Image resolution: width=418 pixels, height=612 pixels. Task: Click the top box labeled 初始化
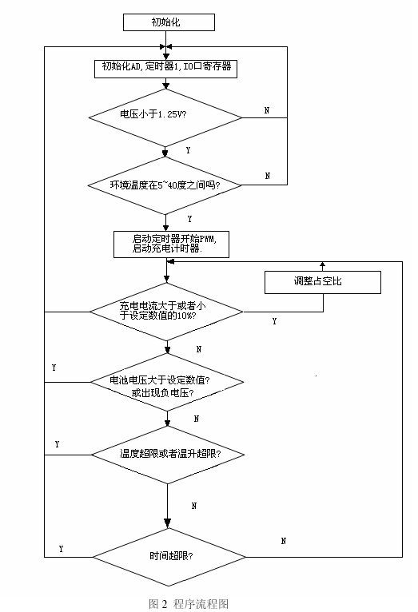(x=169, y=22)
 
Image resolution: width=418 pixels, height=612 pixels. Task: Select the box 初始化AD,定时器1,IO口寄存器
(x=165, y=69)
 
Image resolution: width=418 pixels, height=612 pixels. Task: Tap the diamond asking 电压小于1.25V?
(x=165, y=118)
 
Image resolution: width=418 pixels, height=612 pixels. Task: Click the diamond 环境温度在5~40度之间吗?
(x=165, y=185)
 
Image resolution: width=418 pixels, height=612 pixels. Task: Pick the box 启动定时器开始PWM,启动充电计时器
(x=171, y=244)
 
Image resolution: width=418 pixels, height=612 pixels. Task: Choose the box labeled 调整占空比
(x=323, y=282)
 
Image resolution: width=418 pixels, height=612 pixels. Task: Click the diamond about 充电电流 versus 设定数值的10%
(x=167, y=312)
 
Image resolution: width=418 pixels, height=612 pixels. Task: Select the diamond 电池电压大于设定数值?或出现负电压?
(x=167, y=382)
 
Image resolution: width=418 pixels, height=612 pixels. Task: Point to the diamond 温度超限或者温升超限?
(x=168, y=455)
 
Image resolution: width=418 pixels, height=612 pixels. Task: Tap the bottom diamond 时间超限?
(x=169, y=557)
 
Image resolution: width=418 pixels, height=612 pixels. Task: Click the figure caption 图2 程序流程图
(x=189, y=603)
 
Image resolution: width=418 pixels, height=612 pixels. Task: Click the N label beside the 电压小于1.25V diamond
(x=267, y=110)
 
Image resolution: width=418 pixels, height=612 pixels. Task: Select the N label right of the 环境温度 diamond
(x=268, y=176)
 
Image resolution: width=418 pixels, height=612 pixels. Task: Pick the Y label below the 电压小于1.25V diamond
(x=188, y=150)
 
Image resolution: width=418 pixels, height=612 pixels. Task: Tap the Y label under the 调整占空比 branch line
(x=274, y=321)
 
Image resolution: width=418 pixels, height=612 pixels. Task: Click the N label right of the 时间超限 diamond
(x=284, y=541)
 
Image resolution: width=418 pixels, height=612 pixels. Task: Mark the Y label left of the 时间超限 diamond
(x=61, y=549)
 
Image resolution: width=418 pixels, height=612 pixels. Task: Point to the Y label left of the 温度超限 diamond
(x=57, y=444)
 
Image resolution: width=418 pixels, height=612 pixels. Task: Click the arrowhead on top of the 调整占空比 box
(x=322, y=264)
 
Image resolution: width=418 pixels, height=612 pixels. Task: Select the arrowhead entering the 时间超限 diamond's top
(x=167, y=523)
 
